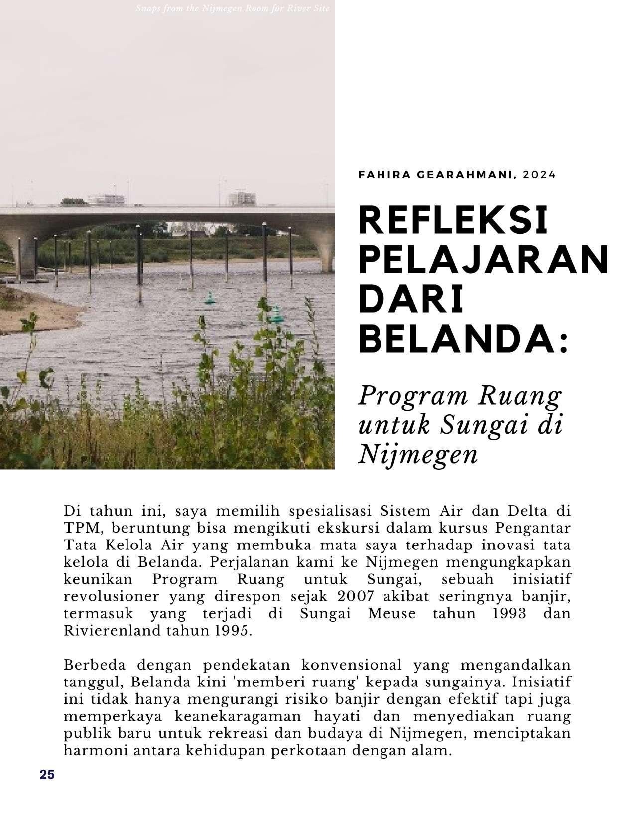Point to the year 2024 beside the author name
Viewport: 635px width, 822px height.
click(x=539, y=175)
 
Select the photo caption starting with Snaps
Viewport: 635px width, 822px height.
click(x=233, y=8)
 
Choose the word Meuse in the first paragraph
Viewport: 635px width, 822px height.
click(x=391, y=613)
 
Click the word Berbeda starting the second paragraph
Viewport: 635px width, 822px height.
click(x=95, y=665)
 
